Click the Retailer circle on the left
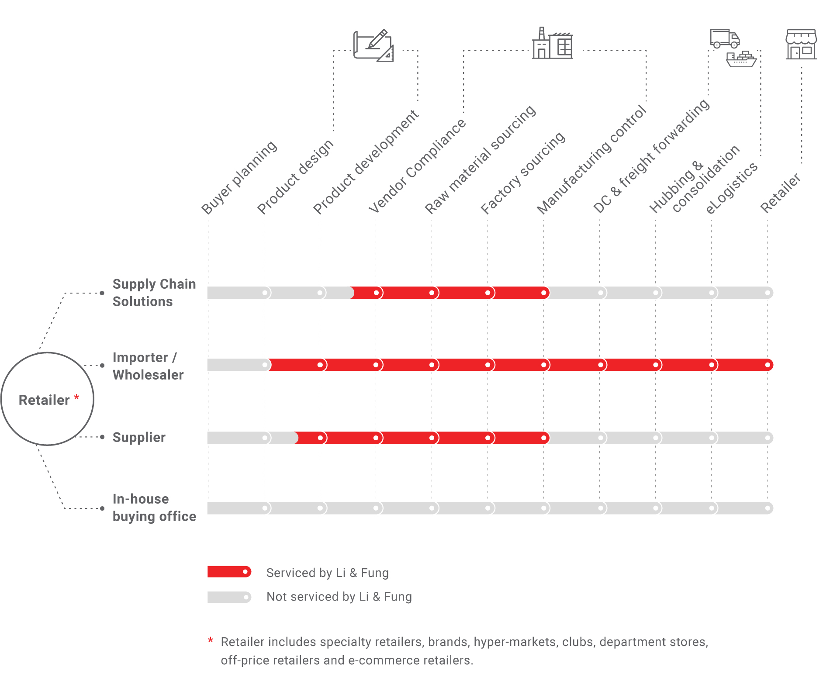(47, 399)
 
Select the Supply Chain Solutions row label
(154, 293)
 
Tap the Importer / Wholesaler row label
(148, 366)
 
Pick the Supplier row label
(139, 437)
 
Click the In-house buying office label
(154, 508)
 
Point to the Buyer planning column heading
(239, 177)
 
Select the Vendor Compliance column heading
(417, 166)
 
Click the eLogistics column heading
(732, 188)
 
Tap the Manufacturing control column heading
(591, 159)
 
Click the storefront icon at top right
(801, 44)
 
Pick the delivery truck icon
(724, 38)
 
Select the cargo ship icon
(741, 59)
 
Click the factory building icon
(552, 43)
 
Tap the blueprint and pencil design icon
(373, 45)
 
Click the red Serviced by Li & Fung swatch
(229, 572)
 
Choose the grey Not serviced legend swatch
(229, 597)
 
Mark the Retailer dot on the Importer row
(767, 365)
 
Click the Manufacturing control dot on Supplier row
(543, 438)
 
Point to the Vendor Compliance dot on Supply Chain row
(376, 293)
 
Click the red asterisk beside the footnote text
(211, 640)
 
